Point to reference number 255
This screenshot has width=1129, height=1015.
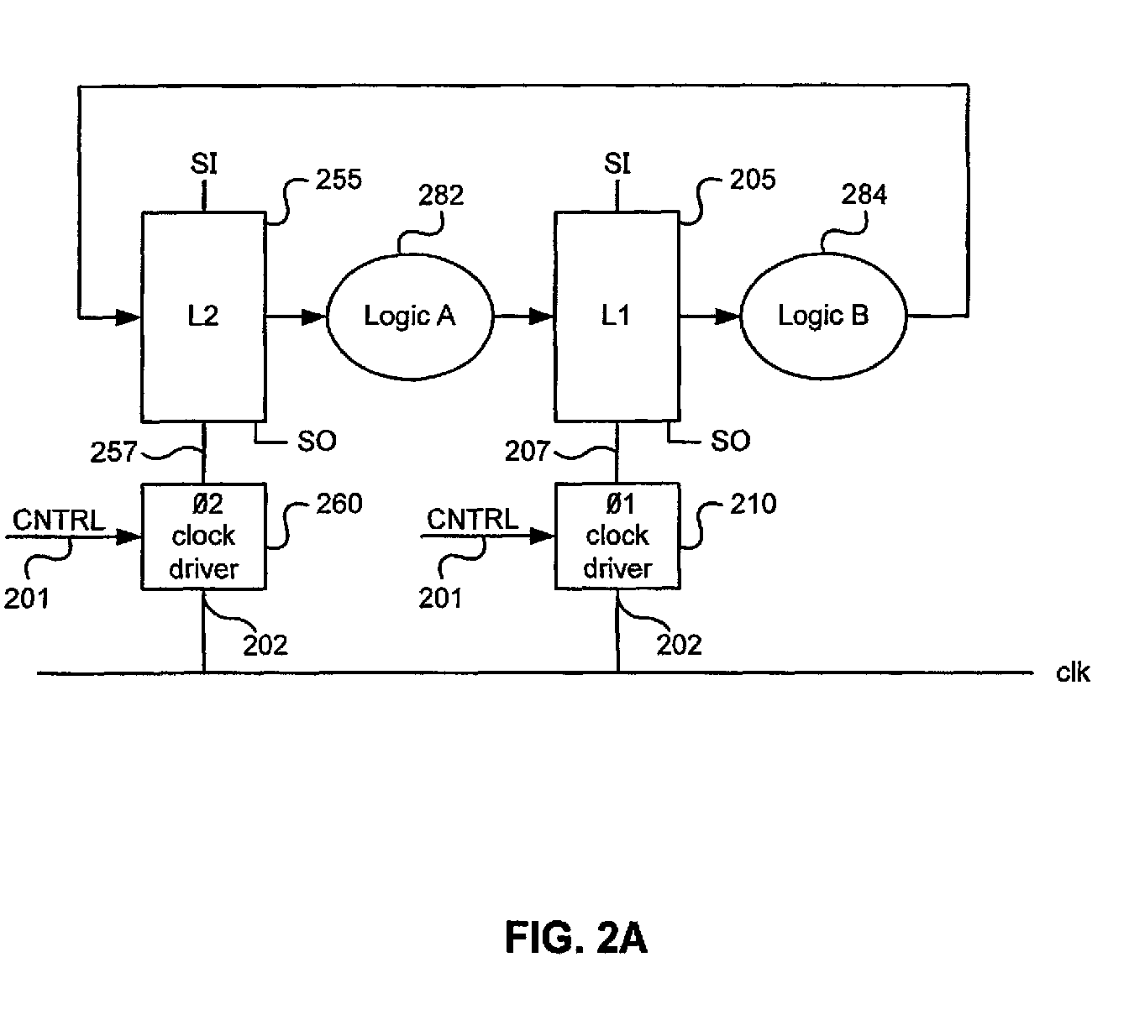(339, 180)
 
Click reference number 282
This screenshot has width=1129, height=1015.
(441, 196)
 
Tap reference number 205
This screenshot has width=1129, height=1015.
(753, 180)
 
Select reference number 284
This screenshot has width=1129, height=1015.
(864, 195)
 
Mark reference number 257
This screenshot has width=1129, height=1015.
(113, 452)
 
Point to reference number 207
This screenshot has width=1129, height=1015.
(528, 451)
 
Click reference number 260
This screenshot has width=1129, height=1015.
(339, 504)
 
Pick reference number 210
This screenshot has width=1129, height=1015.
(753, 504)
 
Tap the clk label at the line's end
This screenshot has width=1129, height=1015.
(1073, 672)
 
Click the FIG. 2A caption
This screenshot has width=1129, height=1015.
(576, 938)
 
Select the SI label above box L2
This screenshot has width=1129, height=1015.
(204, 164)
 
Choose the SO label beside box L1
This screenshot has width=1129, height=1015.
(731, 441)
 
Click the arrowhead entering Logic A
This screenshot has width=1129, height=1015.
(314, 317)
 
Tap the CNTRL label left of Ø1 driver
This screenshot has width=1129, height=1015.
(472, 520)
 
